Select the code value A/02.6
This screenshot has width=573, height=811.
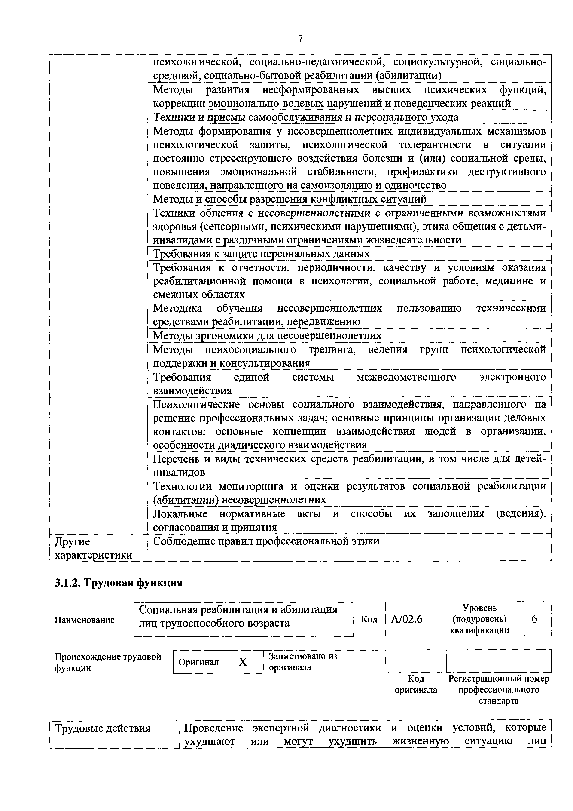(x=406, y=619)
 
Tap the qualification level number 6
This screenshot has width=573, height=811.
(x=534, y=619)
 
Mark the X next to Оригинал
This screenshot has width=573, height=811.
(x=243, y=662)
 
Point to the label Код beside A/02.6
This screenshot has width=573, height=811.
(x=369, y=619)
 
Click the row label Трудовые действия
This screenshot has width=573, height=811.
(x=102, y=728)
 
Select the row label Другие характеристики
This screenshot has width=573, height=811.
(x=93, y=548)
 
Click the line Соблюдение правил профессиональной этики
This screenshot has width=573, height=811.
(x=266, y=541)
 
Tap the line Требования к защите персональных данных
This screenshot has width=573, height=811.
(x=261, y=254)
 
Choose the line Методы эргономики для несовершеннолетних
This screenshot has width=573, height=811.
(x=267, y=335)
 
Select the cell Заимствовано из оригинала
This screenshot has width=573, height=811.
(x=303, y=662)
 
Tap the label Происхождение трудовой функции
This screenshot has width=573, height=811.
(x=108, y=662)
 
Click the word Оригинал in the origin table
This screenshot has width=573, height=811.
(x=198, y=662)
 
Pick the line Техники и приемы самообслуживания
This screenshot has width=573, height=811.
(x=306, y=117)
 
